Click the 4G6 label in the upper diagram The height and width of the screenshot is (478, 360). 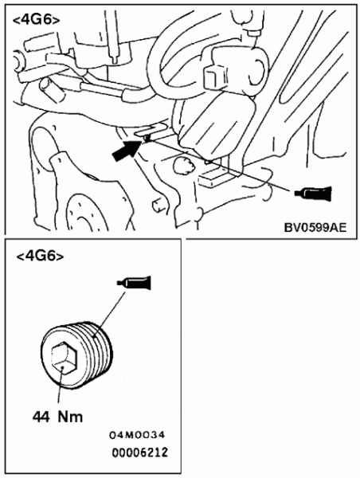[37, 20]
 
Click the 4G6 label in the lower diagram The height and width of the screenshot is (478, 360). [40, 257]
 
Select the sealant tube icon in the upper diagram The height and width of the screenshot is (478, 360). [313, 193]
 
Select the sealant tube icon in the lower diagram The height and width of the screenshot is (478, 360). [134, 282]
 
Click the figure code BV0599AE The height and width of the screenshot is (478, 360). [315, 227]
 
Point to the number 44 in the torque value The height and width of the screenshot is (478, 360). [41, 417]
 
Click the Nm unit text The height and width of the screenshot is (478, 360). [70, 417]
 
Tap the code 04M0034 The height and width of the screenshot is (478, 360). [137, 435]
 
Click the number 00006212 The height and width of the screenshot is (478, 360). [140, 453]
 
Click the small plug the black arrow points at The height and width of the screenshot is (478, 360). [147, 139]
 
